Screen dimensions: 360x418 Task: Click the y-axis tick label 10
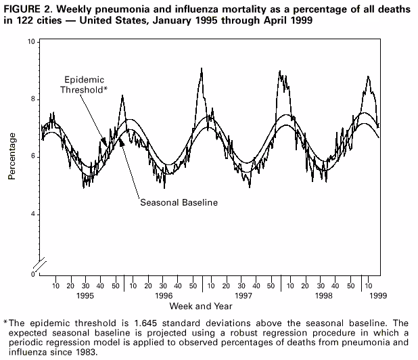(x=31, y=42)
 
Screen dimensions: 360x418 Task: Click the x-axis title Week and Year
(x=209, y=305)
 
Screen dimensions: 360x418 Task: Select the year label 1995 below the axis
(x=85, y=296)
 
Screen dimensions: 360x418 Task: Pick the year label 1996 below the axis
(x=164, y=296)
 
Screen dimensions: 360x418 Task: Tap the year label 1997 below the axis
(x=242, y=296)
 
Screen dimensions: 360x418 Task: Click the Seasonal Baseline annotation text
(x=179, y=202)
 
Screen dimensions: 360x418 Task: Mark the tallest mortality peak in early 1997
(x=202, y=69)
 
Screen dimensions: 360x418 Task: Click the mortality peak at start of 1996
(x=122, y=97)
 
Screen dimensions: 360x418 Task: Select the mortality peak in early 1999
(x=368, y=77)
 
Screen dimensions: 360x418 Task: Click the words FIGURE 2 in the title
(x=26, y=7)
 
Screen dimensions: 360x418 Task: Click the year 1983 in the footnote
(x=86, y=352)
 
